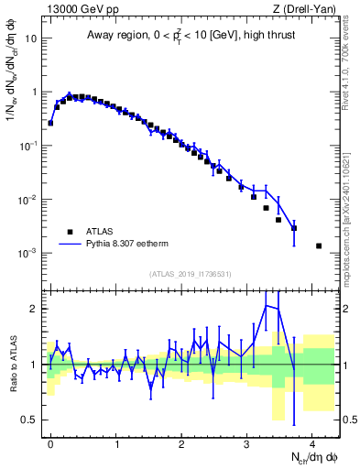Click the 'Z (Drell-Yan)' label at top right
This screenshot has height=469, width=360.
pos(307,9)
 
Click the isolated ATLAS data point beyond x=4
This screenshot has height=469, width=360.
pos(319,245)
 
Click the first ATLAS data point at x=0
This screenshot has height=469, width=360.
pos(50,122)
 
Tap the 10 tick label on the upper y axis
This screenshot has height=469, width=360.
pos(30,39)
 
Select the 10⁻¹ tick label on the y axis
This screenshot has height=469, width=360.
pos(27,147)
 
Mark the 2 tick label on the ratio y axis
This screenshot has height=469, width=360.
pos(34,309)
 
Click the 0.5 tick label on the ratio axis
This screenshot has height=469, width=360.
pos(30,420)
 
